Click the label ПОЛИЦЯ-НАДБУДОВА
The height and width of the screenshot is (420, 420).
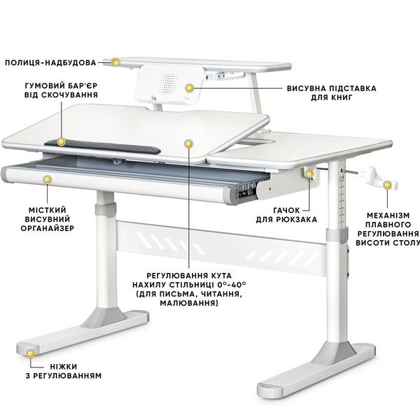coord(55,62)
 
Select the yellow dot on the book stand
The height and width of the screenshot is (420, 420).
coord(190,87)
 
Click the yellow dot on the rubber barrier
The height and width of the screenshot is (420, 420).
coord(62,141)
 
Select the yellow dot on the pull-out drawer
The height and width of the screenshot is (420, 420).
coord(48,180)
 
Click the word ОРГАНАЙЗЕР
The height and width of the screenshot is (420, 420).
coord(46,227)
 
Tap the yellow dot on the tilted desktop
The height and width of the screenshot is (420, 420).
coord(188,143)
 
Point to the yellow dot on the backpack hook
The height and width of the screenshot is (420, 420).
coord(308,173)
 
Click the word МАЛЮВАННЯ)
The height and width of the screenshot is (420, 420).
coord(188,304)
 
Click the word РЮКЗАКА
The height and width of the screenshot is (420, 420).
coord(301,219)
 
